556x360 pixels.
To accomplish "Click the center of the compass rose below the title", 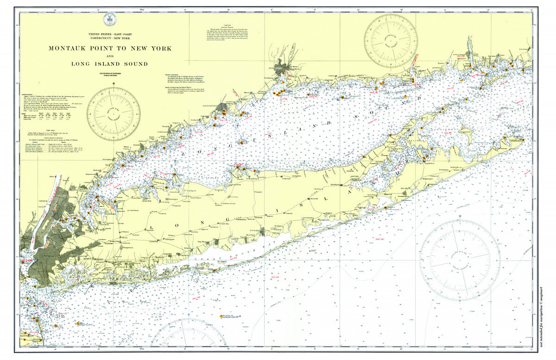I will pos(113,114).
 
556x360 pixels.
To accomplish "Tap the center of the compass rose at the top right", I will pos(391,40).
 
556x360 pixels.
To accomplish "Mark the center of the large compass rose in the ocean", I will pos(460,260).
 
